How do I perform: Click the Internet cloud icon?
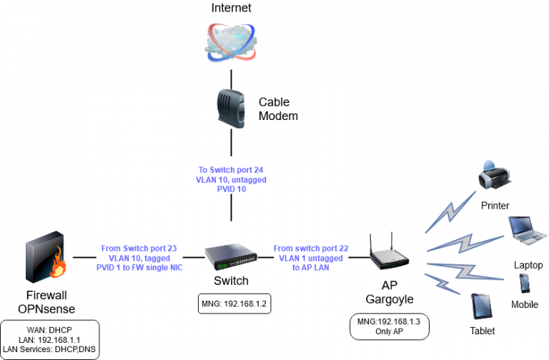point(230,41)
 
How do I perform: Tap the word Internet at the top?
point(232,8)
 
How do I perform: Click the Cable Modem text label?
point(277,109)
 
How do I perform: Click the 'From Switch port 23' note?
point(139,257)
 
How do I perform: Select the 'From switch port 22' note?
point(311,257)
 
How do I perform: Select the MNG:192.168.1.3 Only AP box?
point(390,327)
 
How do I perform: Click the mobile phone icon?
point(524,284)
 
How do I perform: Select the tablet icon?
point(482,306)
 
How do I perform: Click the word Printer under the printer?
point(495,206)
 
